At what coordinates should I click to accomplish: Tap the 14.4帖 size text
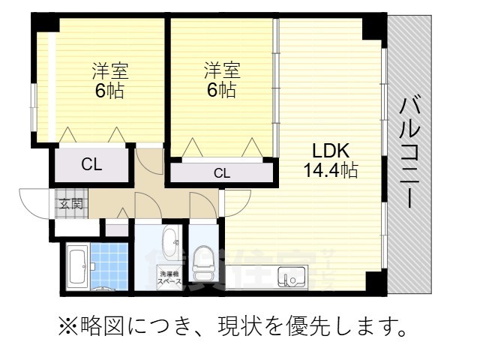point(330,169)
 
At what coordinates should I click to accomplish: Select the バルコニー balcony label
point(409,154)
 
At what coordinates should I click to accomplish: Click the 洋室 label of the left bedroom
point(110,72)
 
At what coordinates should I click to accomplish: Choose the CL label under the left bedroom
point(91,165)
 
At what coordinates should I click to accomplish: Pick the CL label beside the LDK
point(221,173)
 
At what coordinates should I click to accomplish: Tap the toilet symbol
point(202,265)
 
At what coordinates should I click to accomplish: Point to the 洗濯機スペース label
point(169,279)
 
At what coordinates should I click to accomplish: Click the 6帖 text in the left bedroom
point(110,91)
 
